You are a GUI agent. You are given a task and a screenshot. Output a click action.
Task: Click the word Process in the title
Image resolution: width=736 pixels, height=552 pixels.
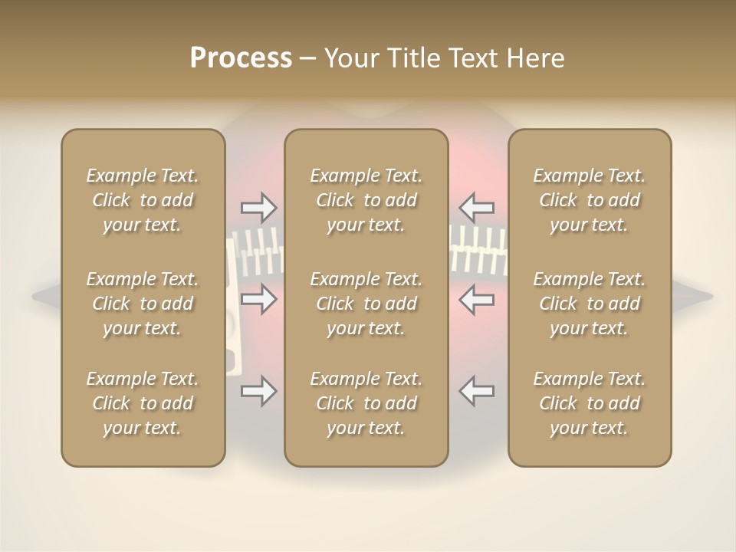pos(241,58)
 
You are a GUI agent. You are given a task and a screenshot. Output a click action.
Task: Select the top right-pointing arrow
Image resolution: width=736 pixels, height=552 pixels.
pos(258,207)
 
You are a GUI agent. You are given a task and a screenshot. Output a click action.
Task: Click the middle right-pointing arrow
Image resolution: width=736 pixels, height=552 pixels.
pos(258,298)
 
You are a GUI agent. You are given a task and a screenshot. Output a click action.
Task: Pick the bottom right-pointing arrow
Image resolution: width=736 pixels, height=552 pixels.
pos(258,391)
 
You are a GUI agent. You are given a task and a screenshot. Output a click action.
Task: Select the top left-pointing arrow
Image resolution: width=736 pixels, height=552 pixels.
pos(476,207)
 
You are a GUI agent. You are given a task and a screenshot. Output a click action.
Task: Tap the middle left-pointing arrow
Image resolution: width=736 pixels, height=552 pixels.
pos(476,298)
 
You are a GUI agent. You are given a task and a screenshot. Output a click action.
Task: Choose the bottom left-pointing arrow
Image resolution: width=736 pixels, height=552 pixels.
pos(476,391)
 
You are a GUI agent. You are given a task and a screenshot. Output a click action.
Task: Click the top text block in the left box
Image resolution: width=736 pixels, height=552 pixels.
pos(143,200)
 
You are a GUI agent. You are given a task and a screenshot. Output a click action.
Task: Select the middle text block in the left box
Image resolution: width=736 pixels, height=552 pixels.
pos(143,304)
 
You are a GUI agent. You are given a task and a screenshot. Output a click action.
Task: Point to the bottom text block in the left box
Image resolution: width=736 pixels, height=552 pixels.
pos(143,403)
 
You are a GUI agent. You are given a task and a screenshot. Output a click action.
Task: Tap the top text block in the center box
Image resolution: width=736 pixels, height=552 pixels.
pos(366,200)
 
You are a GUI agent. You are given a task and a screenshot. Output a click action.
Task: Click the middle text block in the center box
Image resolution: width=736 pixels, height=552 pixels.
pos(366,304)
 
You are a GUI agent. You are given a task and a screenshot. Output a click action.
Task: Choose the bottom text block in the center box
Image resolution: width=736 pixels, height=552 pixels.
pos(366,403)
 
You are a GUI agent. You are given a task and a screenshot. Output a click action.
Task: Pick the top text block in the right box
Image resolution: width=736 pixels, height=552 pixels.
pos(589,200)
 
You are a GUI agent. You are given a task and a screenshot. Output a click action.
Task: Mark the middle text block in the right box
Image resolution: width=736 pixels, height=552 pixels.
pos(589,304)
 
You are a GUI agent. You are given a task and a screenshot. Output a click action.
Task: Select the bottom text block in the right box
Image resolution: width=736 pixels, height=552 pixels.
pos(589,403)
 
